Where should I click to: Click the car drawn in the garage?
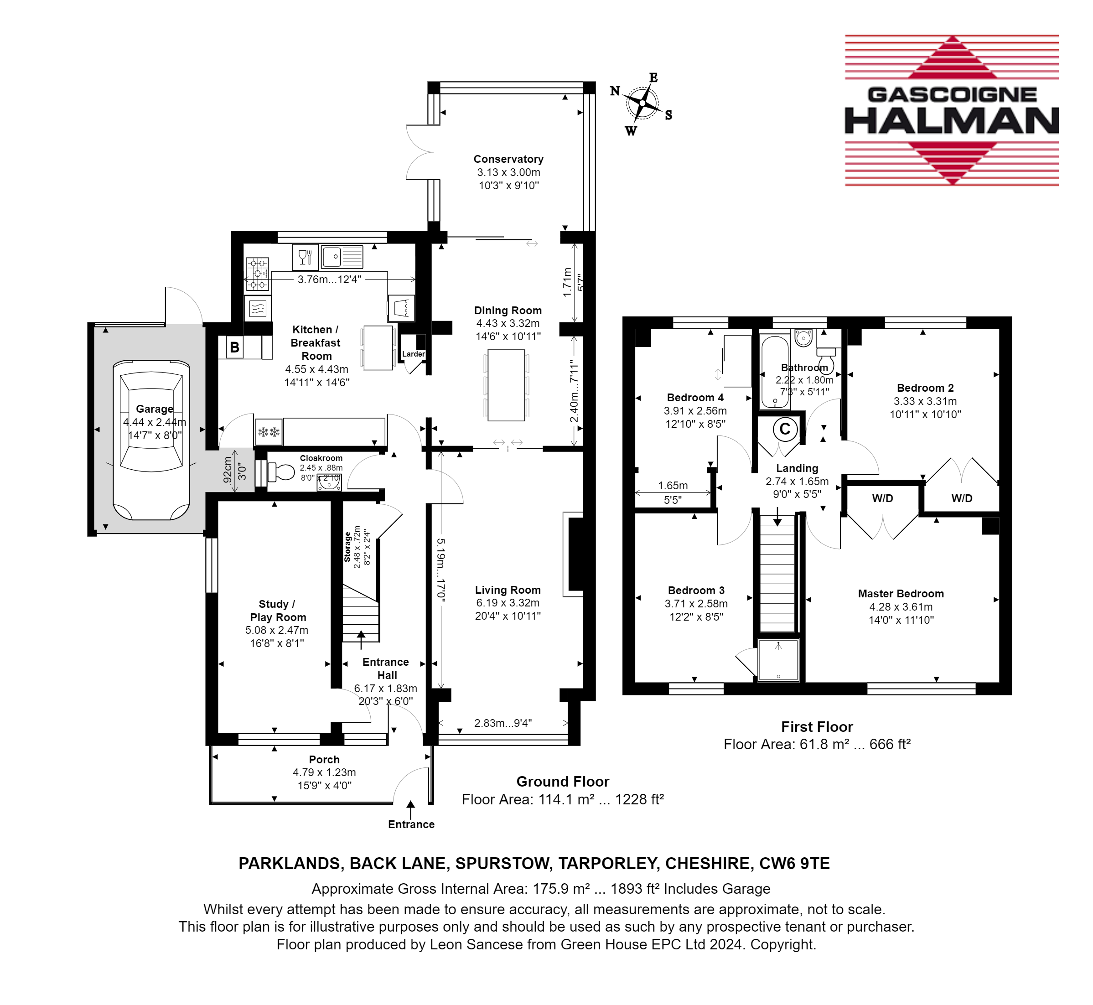[151, 440]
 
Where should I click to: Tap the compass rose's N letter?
[615, 91]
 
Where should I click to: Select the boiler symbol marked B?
[234, 347]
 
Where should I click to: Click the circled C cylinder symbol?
[785, 429]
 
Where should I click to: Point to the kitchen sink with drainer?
[342, 257]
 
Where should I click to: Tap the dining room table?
[506, 385]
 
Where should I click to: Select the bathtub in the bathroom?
[774, 372]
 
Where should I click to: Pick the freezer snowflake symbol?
[269, 432]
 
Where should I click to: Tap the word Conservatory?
[508, 159]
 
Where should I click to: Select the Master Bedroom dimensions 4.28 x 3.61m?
[901, 607]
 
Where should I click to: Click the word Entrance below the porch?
[411, 824]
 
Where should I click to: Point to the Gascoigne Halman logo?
[952, 110]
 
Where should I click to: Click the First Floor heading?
[817, 727]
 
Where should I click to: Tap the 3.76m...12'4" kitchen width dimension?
[329, 280]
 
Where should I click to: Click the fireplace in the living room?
[573, 554]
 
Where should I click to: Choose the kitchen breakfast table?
[378, 348]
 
